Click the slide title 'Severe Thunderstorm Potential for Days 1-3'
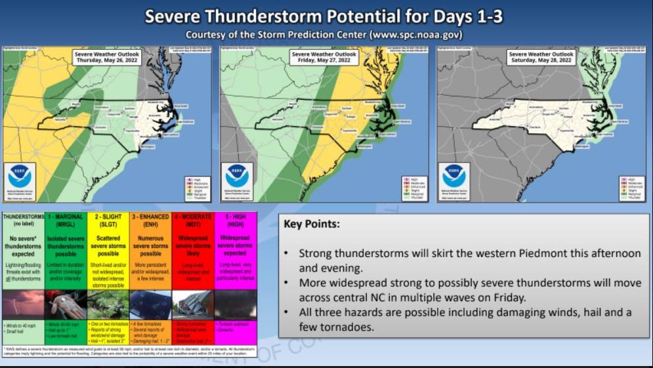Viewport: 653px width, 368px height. click(x=324, y=16)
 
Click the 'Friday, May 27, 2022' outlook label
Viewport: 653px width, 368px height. click(x=324, y=57)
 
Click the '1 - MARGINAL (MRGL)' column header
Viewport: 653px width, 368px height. click(x=65, y=220)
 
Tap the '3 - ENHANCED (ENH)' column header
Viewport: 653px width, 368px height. click(x=150, y=220)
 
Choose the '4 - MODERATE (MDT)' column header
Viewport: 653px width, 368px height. click(x=193, y=220)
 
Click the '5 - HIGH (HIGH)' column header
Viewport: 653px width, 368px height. click(x=235, y=220)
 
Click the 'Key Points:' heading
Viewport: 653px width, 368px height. click(x=312, y=224)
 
